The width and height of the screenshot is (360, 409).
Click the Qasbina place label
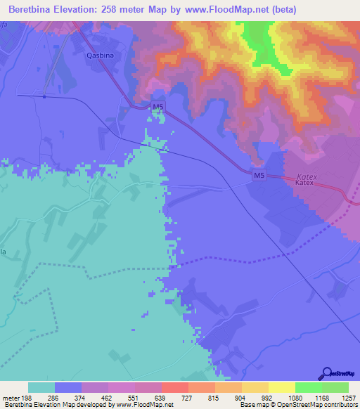click(x=99, y=54)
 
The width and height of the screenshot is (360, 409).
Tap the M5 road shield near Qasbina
click(x=158, y=107)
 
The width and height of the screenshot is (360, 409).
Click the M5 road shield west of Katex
click(x=259, y=174)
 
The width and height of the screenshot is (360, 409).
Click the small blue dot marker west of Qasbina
click(x=44, y=97)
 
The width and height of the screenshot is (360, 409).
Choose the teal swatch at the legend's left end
click(x=41, y=387)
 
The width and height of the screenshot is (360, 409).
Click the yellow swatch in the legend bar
click(x=282, y=387)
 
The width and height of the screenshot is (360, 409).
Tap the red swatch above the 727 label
click(x=174, y=387)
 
